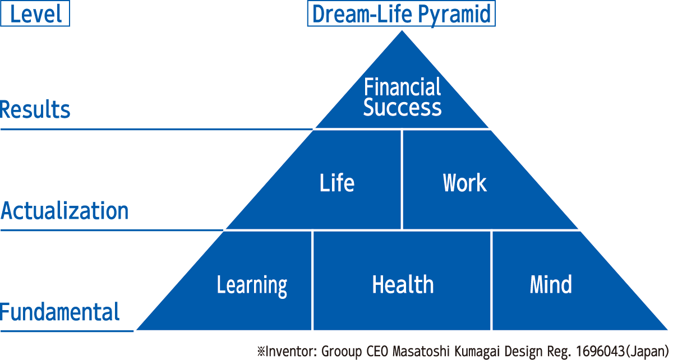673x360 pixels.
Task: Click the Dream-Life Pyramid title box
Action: [401, 13]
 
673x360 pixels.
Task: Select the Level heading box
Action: [35, 13]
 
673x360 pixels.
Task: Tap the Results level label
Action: [35, 109]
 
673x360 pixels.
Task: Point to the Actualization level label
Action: [64, 210]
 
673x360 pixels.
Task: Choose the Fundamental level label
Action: [60, 312]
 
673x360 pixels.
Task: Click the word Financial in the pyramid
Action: [402, 87]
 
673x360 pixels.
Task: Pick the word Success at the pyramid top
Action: [402, 107]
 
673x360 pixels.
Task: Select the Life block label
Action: [337, 182]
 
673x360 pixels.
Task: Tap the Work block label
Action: [464, 182]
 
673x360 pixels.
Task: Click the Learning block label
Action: [252, 285]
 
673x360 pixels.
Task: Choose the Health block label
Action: [403, 284]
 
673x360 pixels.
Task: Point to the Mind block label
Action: [551, 284]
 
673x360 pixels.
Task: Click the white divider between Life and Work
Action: [402, 179]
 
